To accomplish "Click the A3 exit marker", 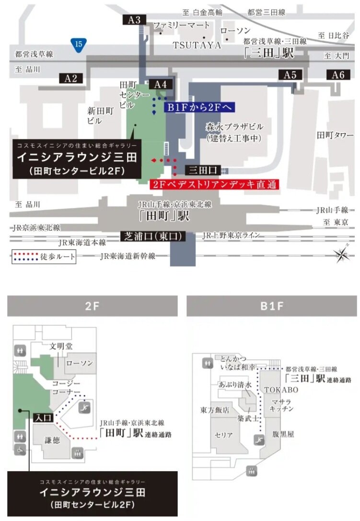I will click(135, 20).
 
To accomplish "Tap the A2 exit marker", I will click(71, 79).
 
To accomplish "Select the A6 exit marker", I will click(338, 75).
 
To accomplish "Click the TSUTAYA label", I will click(197, 46).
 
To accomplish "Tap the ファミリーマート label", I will click(181, 25).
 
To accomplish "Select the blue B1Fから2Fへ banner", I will click(200, 107).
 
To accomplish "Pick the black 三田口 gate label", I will click(204, 170).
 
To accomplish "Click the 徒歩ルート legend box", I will click(44, 257).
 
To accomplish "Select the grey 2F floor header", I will click(92, 306).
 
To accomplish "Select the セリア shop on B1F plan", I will click(224, 435).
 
